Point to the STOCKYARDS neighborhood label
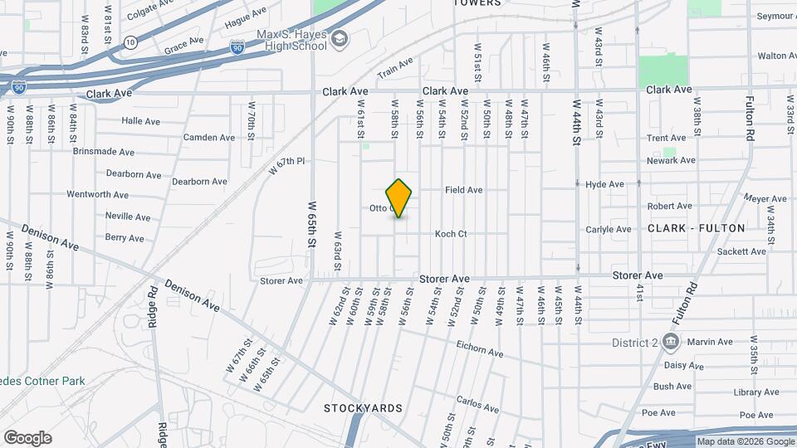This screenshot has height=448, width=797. point(363,408)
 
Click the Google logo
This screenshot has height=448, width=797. point(27,437)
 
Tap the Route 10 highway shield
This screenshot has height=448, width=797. point(130,41)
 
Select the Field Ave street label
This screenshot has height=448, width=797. point(463,190)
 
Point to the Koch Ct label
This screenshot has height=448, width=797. point(451,234)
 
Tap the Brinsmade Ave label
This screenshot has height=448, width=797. point(103,153)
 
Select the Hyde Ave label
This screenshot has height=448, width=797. point(604,184)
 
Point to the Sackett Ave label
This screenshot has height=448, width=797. point(718,251)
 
